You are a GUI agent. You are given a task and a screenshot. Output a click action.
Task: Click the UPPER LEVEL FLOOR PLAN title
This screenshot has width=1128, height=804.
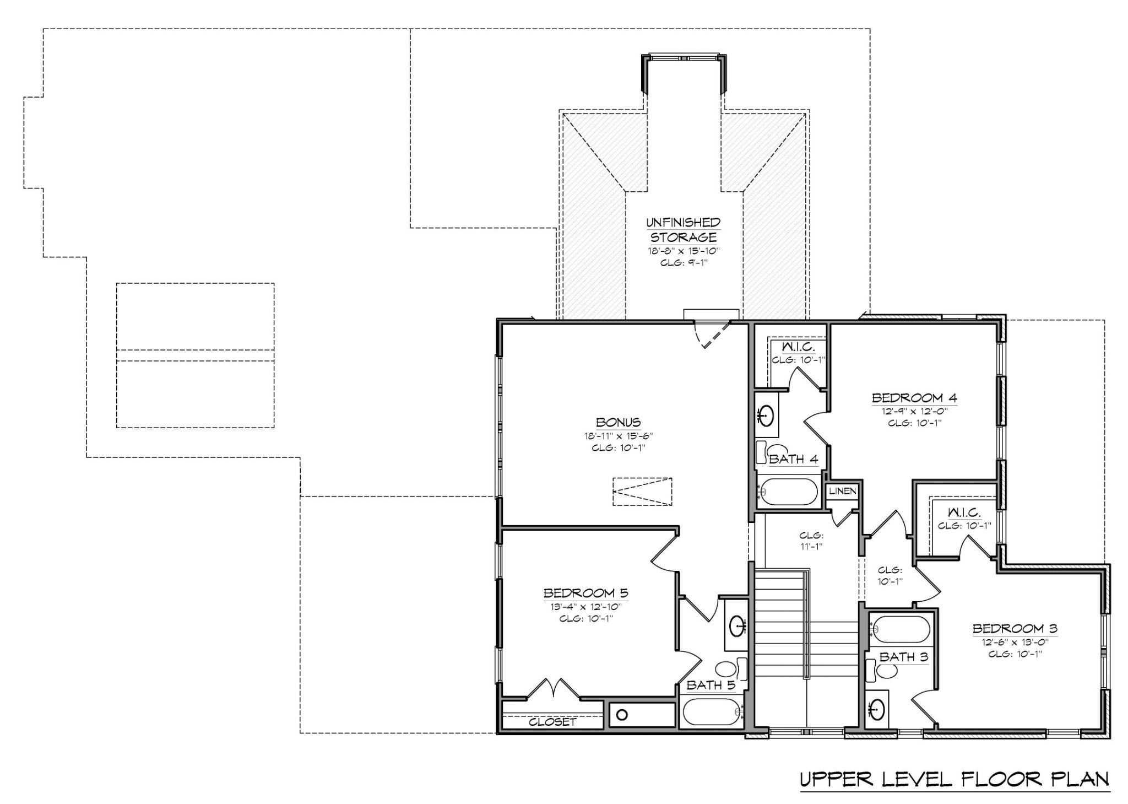(x=954, y=779)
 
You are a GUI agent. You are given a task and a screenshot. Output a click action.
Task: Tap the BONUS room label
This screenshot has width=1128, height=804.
(x=618, y=423)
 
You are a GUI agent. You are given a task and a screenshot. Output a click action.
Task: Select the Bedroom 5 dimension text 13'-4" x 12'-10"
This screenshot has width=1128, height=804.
(x=585, y=607)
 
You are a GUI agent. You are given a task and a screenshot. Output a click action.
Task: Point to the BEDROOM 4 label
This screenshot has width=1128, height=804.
(x=914, y=398)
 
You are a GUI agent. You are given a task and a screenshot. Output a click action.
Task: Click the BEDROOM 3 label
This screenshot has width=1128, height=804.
(x=1015, y=629)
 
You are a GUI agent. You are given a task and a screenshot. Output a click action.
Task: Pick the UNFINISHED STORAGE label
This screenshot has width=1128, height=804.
(x=683, y=230)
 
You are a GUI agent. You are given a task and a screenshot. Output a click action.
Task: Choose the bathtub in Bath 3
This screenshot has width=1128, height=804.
(x=902, y=629)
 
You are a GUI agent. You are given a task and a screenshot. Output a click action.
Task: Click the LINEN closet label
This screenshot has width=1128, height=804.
(x=842, y=491)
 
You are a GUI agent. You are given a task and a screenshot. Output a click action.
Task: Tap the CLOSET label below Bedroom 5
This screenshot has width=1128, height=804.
(x=552, y=722)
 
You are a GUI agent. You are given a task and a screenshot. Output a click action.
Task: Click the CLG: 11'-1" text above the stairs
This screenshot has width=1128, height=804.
(x=811, y=541)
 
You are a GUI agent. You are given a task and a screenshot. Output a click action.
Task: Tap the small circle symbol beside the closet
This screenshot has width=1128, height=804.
(x=622, y=715)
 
